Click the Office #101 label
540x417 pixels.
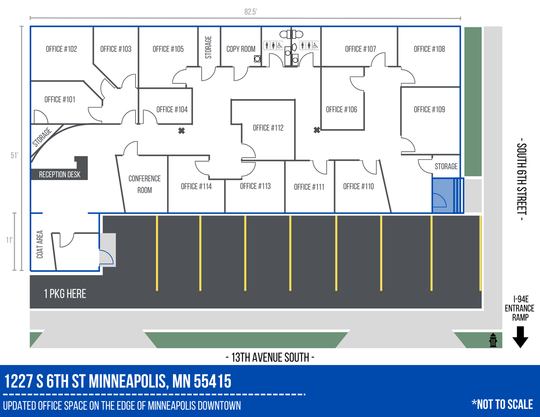point(60,100)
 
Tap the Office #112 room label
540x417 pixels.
point(268,128)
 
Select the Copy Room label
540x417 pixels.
point(241,49)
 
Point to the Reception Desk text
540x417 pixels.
point(60,174)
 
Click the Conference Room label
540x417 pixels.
point(144,184)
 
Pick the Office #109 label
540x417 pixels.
point(429,109)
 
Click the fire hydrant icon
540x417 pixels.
point(493,340)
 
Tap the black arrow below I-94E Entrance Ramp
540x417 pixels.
point(520,337)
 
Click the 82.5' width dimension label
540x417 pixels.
point(250,12)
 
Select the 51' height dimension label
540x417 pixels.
point(14,155)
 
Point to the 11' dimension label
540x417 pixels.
point(9,240)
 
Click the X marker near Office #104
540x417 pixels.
point(182,131)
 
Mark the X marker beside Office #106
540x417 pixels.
point(317,130)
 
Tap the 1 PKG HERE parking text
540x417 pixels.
point(65,294)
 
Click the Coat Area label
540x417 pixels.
point(40,244)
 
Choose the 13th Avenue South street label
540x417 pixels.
point(270,358)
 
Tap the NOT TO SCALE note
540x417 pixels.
point(502,404)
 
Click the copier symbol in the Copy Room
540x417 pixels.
point(257,59)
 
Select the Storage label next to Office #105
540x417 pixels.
point(208,47)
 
